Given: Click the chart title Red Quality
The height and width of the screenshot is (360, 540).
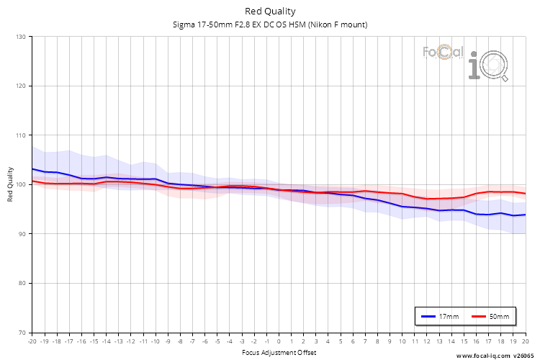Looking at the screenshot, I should pos(270,12).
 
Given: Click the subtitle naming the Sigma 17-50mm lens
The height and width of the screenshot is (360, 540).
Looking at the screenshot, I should pos(270,24).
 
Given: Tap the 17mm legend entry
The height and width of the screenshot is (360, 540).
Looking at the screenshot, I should pos(440,316).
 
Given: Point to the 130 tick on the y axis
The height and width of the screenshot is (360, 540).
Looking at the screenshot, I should pos(20,37).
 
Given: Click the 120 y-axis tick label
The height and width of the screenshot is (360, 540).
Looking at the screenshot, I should pos(20,86).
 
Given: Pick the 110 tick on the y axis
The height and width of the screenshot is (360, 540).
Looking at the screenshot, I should pos(20,135).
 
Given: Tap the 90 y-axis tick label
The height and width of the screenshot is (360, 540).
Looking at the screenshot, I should pos(22,234).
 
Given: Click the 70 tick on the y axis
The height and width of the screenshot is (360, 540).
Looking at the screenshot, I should pos(22,333).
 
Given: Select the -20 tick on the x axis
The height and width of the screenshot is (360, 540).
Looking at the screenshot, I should pos(31,341).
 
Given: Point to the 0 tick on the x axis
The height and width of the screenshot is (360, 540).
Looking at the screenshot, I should pos(279,341).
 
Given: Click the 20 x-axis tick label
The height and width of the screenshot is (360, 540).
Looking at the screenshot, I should pos(525,341).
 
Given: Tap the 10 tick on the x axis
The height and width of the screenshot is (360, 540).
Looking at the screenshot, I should pos(402,341).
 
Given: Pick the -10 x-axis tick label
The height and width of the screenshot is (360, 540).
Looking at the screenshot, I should pos(155,341).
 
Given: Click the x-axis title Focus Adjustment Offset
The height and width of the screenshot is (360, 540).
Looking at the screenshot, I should pos(278,353).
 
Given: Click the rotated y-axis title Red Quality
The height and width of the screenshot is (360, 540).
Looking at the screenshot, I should pos(11,184).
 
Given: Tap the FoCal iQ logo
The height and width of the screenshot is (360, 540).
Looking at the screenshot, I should pos(466,62).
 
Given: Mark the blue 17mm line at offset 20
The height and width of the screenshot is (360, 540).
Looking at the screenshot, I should pos(525,215).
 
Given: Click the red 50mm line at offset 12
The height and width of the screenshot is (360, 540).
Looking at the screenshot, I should pos(426,199).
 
